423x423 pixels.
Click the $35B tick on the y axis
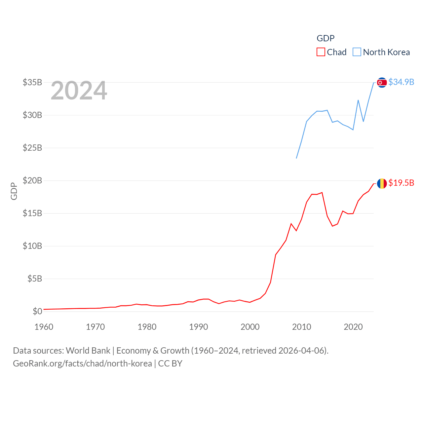point(32,82)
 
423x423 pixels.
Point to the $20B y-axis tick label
point(32,180)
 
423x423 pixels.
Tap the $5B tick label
point(35,279)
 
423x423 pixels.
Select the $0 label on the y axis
point(37,311)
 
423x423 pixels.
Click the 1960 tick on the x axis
point(44,327)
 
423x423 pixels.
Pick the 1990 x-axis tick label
point(199,327)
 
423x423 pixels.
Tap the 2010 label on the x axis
point(302,327)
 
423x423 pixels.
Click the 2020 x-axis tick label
point(353,327)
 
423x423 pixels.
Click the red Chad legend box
point(321,52)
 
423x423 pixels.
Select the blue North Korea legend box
point(357,52)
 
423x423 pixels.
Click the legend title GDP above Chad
point(326,38)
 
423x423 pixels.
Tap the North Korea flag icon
point(382,82)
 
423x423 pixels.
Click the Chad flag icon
point(382,183)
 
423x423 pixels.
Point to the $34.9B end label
point(401,82)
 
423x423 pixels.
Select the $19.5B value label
point(401,183)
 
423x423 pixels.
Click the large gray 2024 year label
point(79,91)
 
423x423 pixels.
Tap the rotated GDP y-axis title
point(14,191)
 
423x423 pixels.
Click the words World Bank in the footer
point(88,351)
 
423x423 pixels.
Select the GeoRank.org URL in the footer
point(82,364)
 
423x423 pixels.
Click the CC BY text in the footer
point(170,364)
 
